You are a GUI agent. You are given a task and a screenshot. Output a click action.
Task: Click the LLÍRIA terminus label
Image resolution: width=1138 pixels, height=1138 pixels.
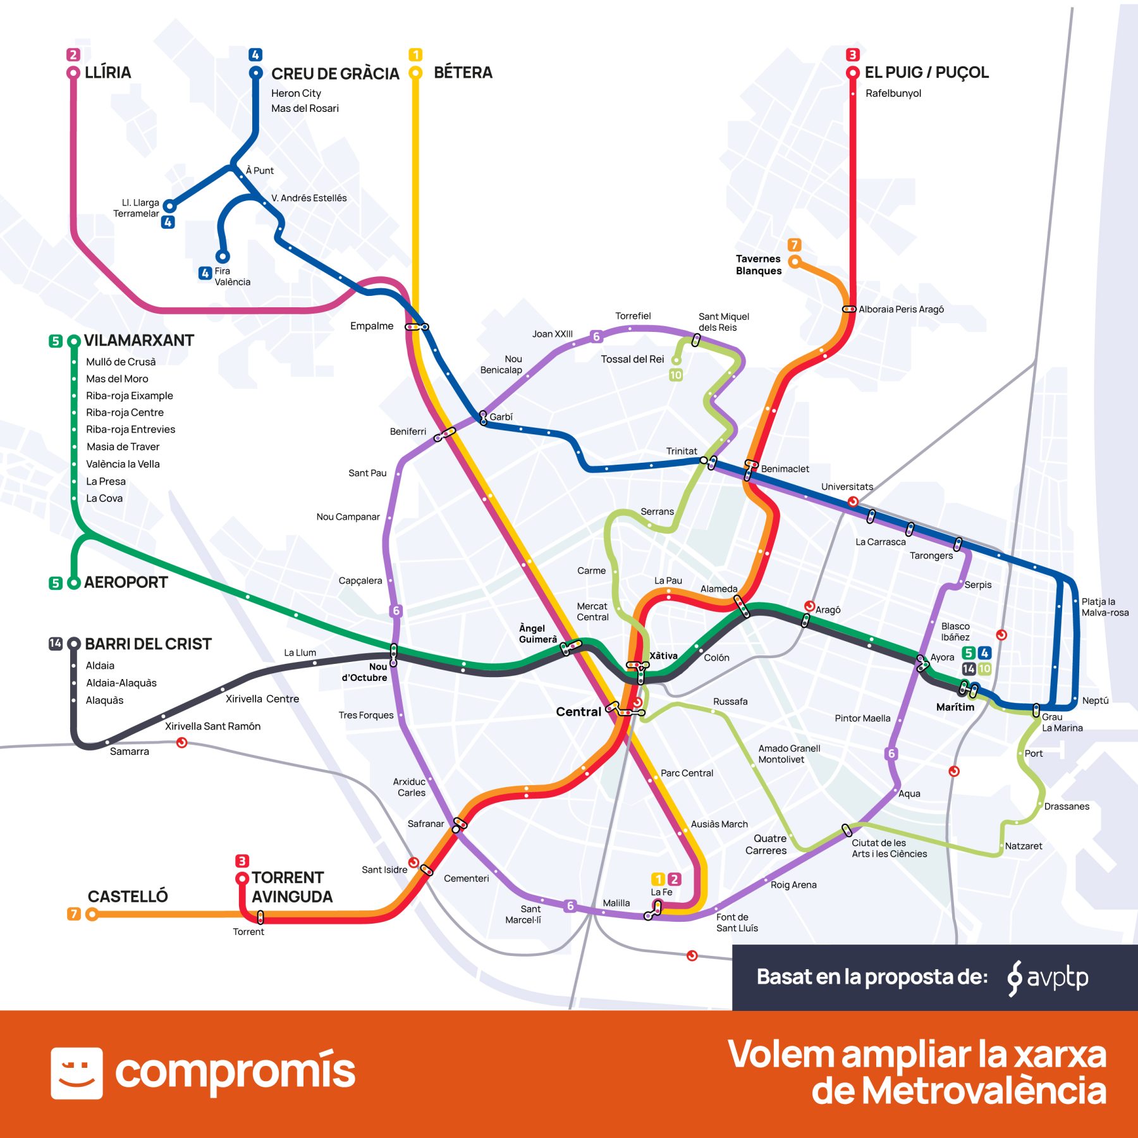coord(107,73)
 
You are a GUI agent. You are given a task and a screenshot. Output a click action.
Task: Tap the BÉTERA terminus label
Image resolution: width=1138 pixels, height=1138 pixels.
coord(463,73)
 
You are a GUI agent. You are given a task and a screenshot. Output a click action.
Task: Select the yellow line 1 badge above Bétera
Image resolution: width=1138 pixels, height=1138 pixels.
coord(415,54)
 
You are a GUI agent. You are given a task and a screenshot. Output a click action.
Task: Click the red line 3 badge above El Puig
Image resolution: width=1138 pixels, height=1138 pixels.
coord(852,54)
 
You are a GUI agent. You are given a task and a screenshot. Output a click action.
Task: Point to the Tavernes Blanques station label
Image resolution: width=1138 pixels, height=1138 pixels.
coord(758,265)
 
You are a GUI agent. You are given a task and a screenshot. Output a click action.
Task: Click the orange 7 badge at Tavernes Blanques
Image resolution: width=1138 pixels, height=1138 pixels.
coord(795,245)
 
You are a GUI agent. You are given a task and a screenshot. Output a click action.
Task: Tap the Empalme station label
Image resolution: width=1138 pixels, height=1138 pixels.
coord(372,326)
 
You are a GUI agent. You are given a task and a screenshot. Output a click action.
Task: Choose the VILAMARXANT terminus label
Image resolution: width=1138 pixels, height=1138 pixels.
coord(138,341)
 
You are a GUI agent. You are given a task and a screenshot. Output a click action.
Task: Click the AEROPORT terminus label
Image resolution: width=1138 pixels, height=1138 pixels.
coord(126,582)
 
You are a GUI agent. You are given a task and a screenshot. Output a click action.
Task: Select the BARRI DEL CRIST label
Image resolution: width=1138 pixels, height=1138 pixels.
coord(148,644)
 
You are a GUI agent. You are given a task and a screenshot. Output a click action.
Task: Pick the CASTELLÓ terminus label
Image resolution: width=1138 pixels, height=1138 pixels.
coord(128,896)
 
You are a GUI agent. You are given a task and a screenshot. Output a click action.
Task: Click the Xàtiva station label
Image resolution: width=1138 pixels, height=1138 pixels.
coord(663,656)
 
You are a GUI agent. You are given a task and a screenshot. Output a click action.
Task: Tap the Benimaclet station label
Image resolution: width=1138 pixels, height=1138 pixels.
coord(785,469)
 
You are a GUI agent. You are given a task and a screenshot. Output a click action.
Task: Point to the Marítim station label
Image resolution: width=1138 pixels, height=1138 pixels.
coord(955,707)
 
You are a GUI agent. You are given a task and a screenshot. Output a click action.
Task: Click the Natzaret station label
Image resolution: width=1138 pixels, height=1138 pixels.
coord(1023,846)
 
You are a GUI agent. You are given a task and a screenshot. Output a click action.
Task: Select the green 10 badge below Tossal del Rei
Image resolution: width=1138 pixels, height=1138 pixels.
coord(676,375)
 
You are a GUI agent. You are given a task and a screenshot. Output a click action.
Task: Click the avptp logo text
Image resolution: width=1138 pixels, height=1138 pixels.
coord(1057,977)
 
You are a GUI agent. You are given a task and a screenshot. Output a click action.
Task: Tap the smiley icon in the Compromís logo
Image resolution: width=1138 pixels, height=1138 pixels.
coord(76,1073)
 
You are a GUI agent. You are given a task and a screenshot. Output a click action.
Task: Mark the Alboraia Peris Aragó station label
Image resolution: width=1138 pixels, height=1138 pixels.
coord(901,309)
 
